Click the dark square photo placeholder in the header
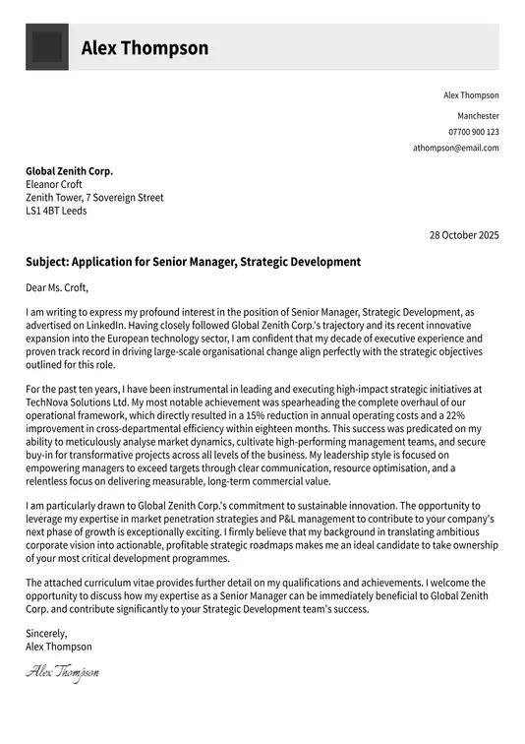point(46,47)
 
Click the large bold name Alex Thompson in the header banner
point(145,48)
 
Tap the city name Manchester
point(478,115)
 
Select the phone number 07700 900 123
point(473,132)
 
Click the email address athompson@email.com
point(455,148)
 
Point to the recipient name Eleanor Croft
point(54,184)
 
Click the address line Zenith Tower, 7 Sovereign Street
point(94,198)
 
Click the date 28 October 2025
point(464,235)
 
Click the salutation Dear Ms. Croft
point(57,288)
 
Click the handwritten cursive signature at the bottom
point(62,673)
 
